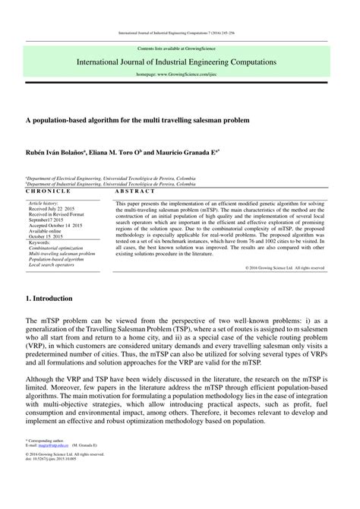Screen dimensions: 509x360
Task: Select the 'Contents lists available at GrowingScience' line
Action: (x=180, y=47)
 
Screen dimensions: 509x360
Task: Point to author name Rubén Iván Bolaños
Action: (x=56, y=152)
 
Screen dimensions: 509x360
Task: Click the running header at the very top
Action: (x=180, y=33)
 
